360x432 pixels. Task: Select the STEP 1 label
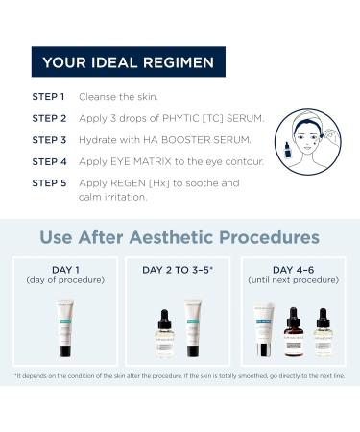(48, 97)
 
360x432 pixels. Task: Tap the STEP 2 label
(48, 118)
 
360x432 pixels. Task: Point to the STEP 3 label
(48, 139)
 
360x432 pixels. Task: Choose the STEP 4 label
(48, 161)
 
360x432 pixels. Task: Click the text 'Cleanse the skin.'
(119, 97)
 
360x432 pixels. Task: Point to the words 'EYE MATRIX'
(148, 161)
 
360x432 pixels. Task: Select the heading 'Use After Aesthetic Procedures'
(180, 236)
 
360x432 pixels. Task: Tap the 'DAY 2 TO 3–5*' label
(180, 270)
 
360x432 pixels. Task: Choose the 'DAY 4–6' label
(295, 270)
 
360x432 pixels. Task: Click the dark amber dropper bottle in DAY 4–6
(295, 331)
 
